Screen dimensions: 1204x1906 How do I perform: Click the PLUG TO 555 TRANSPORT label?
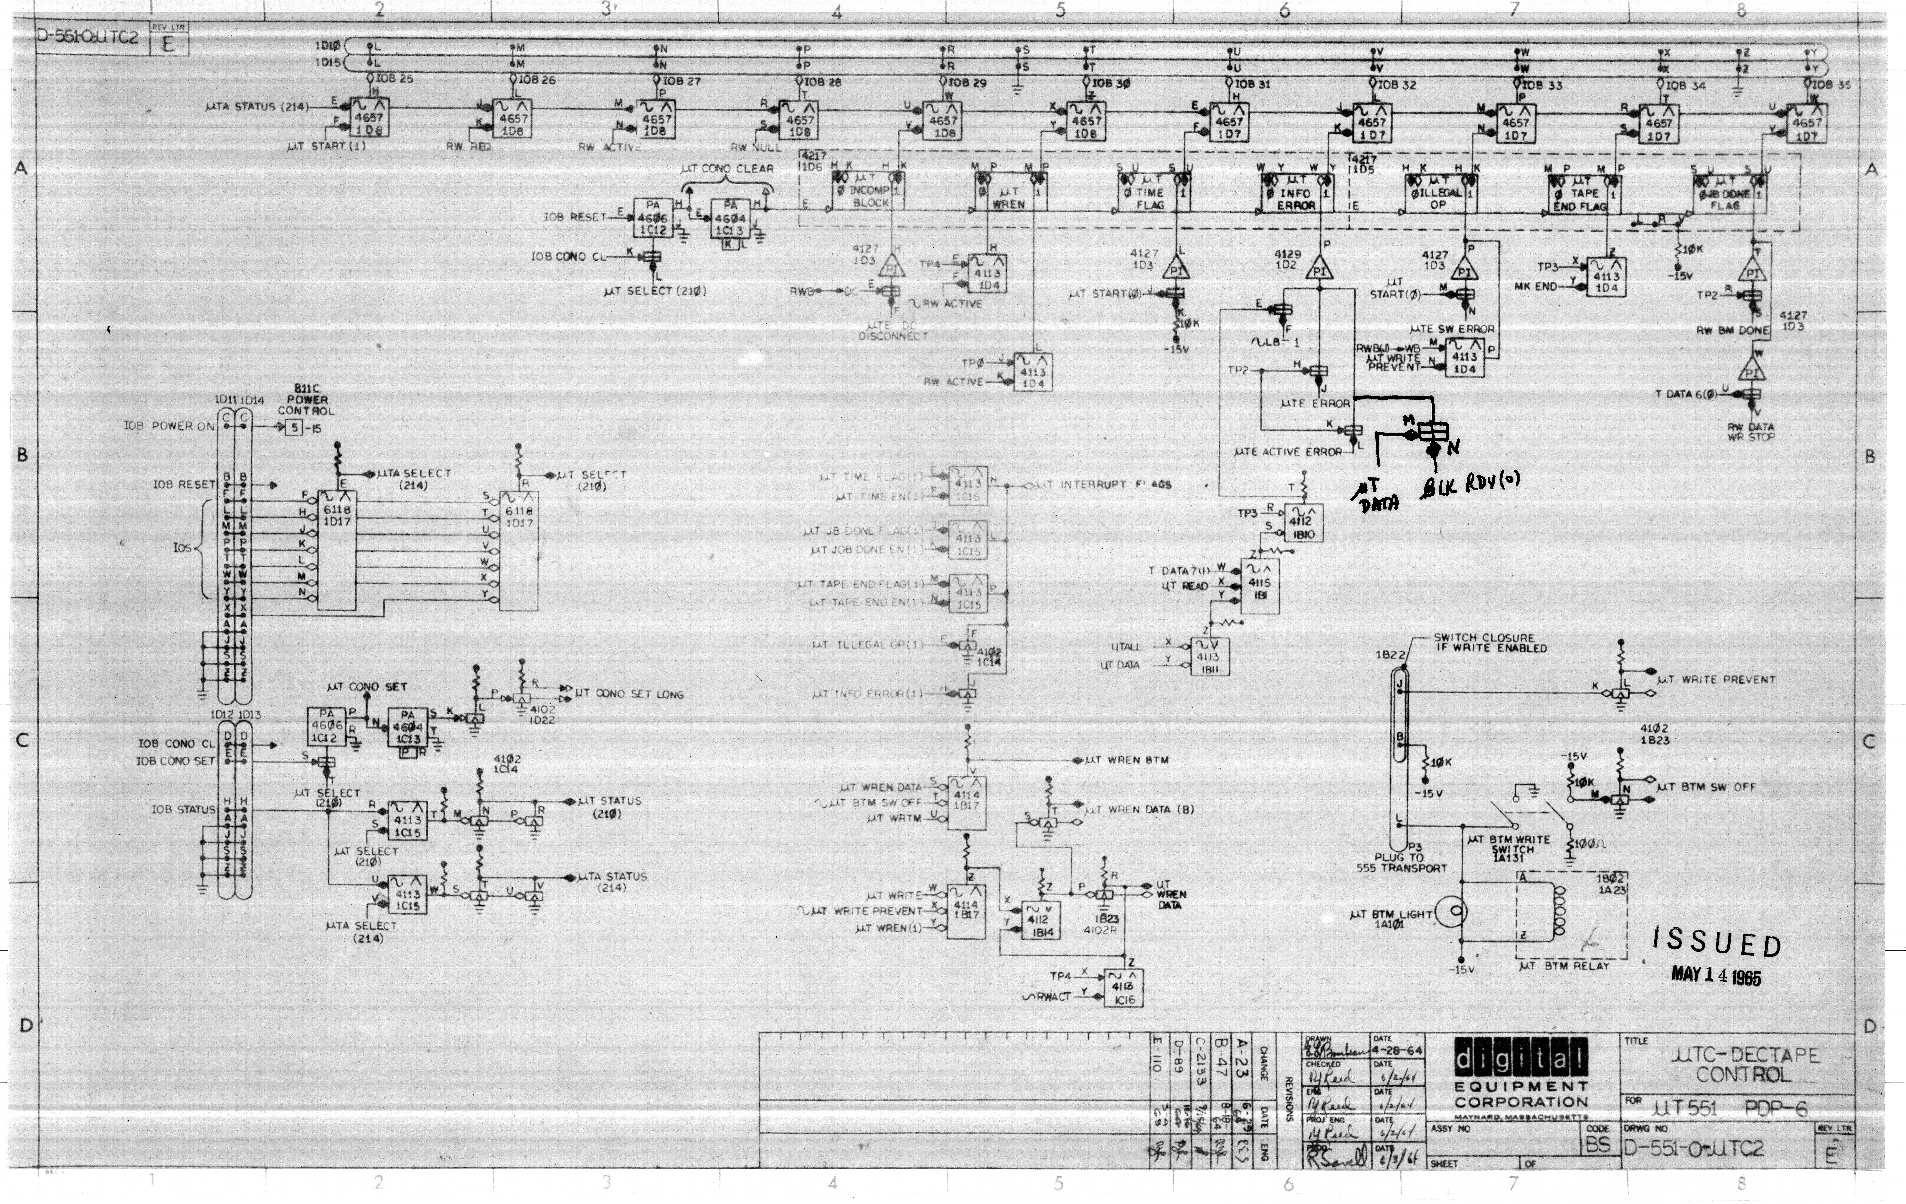point(1401,862)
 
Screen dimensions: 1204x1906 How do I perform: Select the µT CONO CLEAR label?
point(727,169)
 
